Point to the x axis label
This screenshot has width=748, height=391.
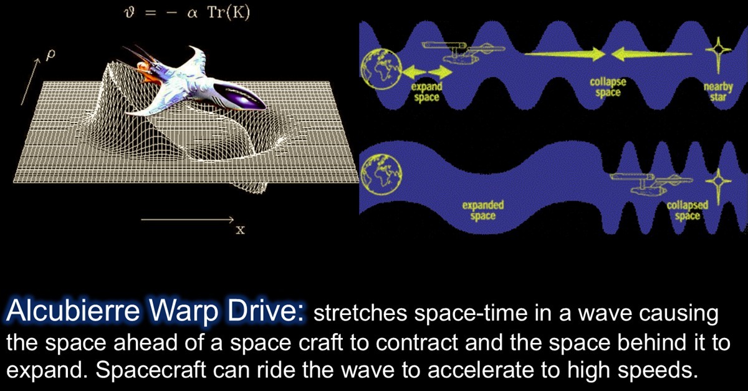pyautogui.click(x=240, y=231)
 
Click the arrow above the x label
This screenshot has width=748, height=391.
pyautogui.click(x=186, y=220)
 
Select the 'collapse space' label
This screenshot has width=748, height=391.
pyautogui.click(x=607, y=87)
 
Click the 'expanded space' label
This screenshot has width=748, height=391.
pyautogui.click(x=483, y=210)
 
